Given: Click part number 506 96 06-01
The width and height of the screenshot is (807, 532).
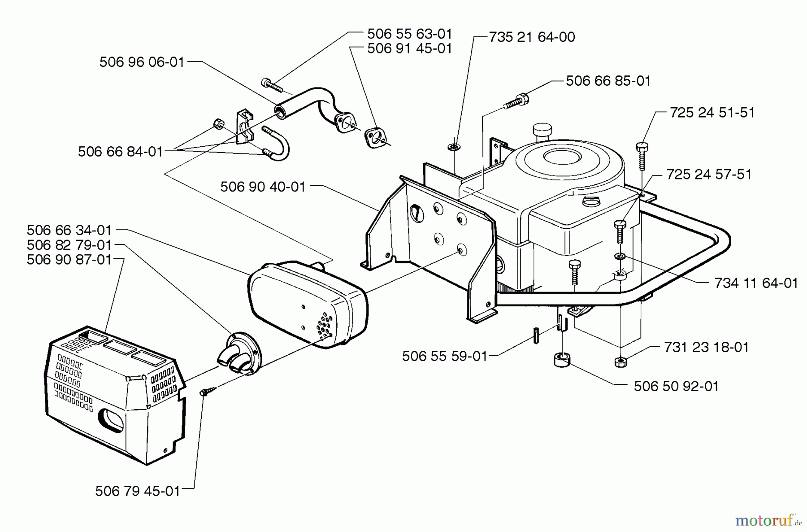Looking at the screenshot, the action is click(142, 62).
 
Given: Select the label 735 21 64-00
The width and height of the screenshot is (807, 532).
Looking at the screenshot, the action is click(532, 37).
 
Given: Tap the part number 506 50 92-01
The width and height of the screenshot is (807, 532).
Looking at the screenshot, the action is click(676, 386).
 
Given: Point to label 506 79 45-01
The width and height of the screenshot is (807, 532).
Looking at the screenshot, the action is click(138, 491).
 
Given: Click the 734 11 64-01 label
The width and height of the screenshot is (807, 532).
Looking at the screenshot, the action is click(756, 283).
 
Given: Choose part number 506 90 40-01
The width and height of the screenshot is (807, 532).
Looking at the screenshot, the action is click(263, 187).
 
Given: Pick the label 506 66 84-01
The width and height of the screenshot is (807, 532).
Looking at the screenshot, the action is click(120, 152).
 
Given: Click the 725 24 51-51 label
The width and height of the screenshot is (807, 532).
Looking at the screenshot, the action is click(712, 112).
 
